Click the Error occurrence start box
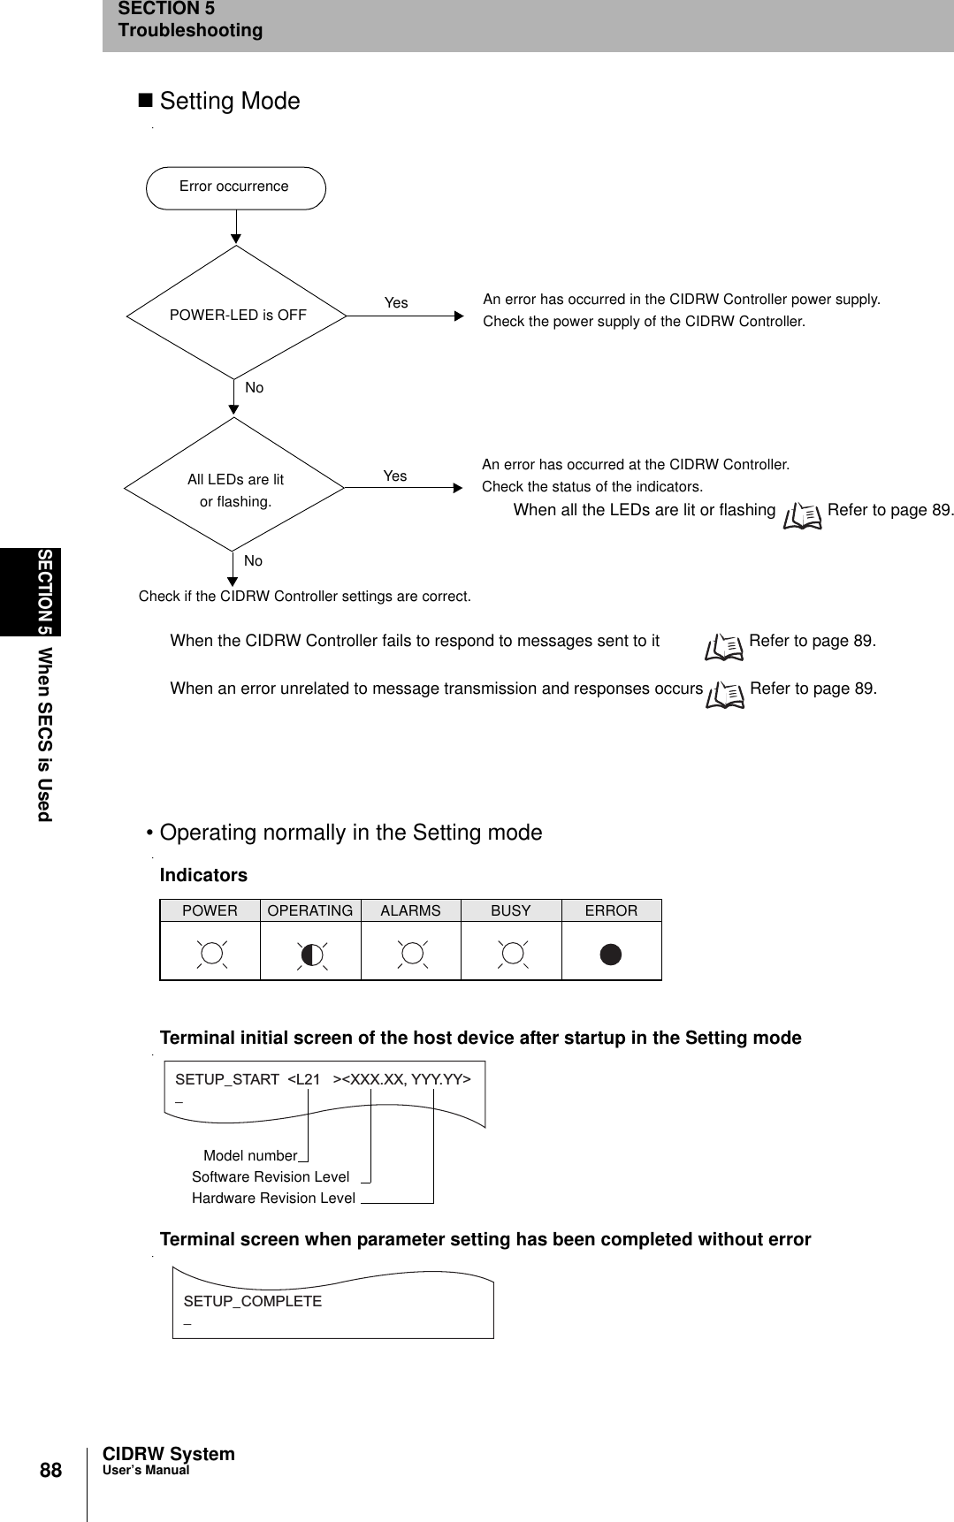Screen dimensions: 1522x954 tap(235, 187)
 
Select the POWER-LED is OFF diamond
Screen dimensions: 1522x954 tap(237, 315)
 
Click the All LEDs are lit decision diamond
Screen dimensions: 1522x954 tap(235, 490)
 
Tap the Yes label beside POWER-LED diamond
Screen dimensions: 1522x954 tap(396, 303)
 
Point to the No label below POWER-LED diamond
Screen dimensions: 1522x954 tap(255, 388)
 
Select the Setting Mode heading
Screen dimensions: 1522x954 tap(229, 102)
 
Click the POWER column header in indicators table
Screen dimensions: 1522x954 tap(210, 910)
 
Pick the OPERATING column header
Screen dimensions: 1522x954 tap(309, 910)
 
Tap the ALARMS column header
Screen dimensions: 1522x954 tap(410, 910)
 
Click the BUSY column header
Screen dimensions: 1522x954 tap(510, 910)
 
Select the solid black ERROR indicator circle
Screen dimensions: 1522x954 tap(611, 955)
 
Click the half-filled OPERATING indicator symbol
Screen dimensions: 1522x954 tap(311, 955)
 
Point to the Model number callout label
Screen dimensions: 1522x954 tap(250, 1156)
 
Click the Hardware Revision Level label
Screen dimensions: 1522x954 tap(273, 1199)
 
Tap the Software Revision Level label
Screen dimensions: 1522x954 tap(271, 1177)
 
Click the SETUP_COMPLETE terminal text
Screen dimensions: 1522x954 tap(252, 1301)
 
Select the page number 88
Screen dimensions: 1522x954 tap(50, 1471)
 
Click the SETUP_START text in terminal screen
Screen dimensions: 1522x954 tap(226, 1079)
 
